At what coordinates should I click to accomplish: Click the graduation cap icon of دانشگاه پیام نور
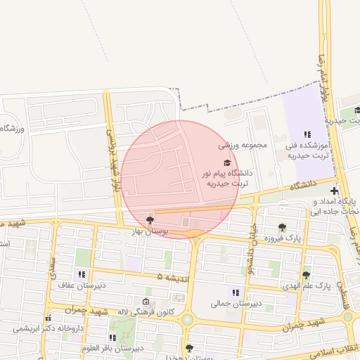[x=226, y=162]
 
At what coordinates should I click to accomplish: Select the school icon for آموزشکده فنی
[x=307, y=134]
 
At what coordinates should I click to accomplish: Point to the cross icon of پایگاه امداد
[x=334, y=190]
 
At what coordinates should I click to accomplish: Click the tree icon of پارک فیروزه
[x=282, y=227]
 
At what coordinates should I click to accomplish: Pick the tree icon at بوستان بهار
[x=149, y=220]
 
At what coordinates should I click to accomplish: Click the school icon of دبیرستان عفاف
[x=82, y=274]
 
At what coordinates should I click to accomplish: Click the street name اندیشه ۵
[x=173, y=278]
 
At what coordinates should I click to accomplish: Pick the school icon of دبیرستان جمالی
[x=236, y=292]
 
